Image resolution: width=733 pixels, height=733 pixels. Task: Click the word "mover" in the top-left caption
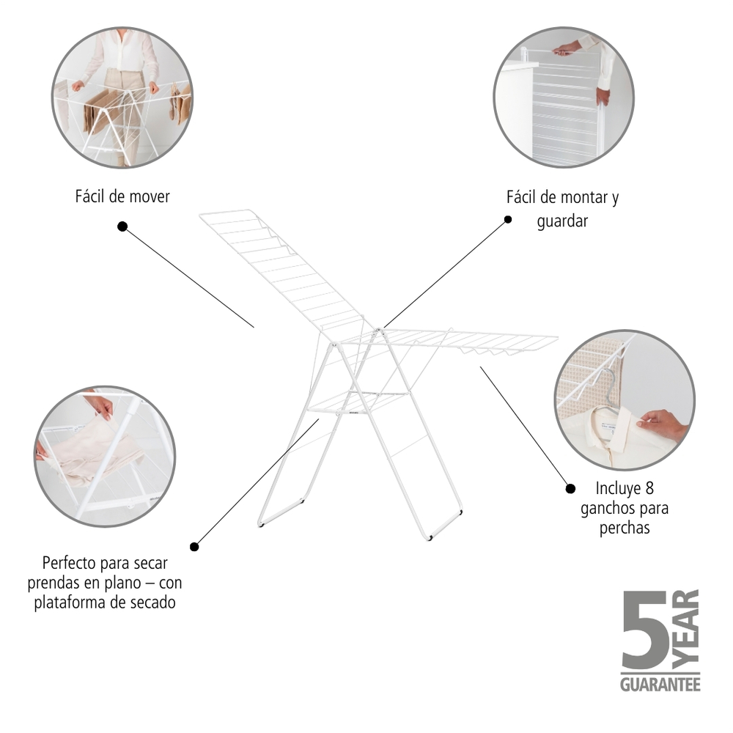pos(149,196)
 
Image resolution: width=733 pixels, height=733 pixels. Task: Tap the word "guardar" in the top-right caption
pos(562,221)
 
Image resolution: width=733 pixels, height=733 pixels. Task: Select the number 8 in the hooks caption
pos(649,488)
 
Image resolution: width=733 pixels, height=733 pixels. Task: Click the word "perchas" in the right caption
pos(625,528)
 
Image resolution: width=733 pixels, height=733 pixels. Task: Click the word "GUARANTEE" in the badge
pos(660,685)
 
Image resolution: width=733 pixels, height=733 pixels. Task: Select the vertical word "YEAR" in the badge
pos(686,629)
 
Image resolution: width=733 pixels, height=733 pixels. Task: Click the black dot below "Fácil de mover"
pos(122,226)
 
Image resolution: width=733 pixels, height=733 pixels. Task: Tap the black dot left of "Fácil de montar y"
pos(508,219)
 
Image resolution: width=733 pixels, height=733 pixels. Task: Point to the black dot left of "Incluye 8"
pos(570,488)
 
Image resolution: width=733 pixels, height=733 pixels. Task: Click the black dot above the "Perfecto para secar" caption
pos(194,547)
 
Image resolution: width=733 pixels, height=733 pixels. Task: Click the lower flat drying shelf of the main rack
pos(358,402)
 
